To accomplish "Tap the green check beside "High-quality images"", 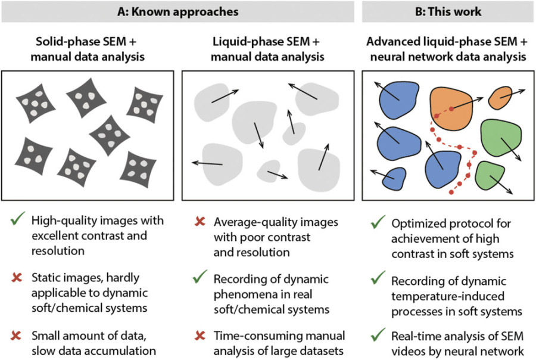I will coord(16,221).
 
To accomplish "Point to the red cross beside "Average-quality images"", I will coord(200,222).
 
